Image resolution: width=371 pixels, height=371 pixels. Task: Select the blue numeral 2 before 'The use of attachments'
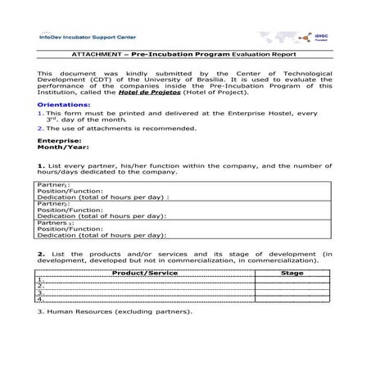pyautogui.click(x=39, y=128)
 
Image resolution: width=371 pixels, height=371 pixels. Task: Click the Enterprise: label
pyautogui.click(x=59, y=140)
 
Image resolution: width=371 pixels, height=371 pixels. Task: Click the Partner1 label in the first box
pyautogui.click(x=53, y=185)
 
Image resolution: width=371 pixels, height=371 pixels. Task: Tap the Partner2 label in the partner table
pyautogui.click(x=53, y=203)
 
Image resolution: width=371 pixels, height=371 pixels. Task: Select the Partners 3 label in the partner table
pyautogui.click(x=57, y=222)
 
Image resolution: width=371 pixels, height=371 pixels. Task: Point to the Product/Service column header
pyautogui.click(x=144, y=273)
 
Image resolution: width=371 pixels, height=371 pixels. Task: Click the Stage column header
pyautogui.click(x=292, y=273)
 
